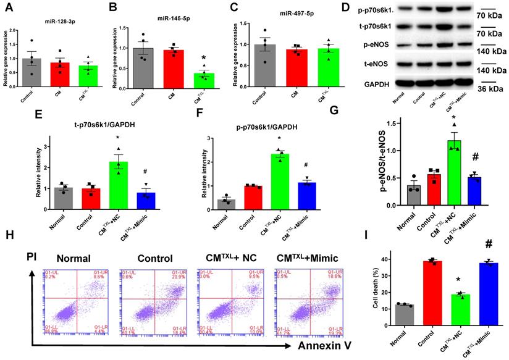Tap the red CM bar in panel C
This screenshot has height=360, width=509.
click(299, 70)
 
